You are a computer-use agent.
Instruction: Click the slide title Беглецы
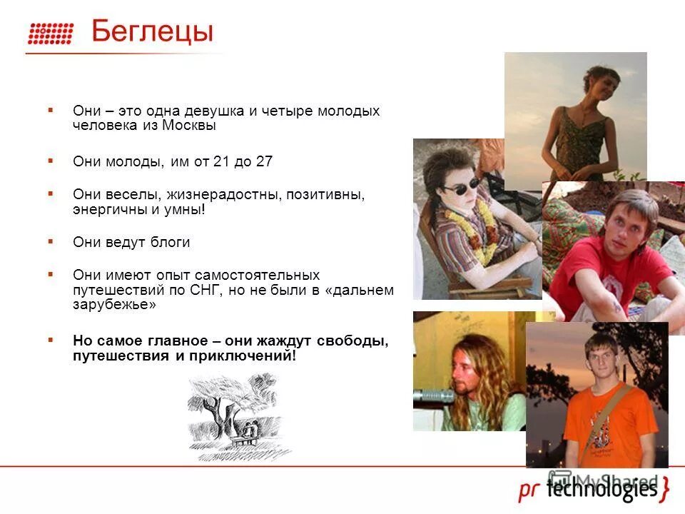[x=152, y=32]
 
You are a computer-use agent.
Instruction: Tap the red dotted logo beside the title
[x=51, y=34]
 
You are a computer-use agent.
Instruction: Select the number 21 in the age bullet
[x=220, y=161]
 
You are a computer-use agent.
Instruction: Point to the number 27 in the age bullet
[x=264, y=161]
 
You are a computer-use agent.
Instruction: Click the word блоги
[x=170, y=242]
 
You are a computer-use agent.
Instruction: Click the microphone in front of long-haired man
[x=435, y=395]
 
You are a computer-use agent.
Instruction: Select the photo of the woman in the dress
[x=575, y=118]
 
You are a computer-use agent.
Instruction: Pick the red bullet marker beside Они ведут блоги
[x=51, y=241]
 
